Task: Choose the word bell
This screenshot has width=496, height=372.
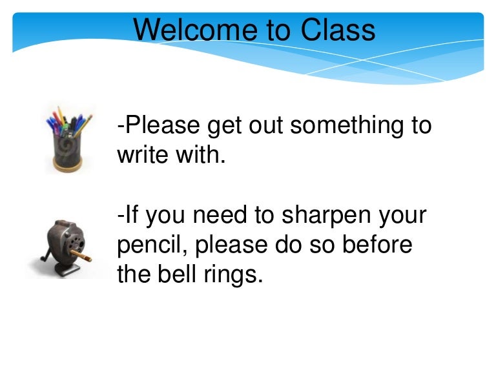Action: click(178, 275)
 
